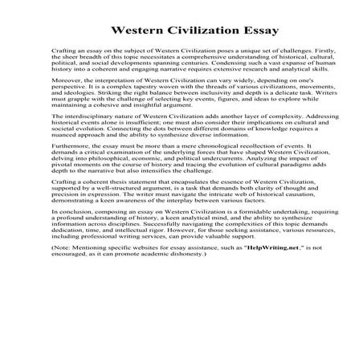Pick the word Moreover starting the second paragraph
click(67, 103)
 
